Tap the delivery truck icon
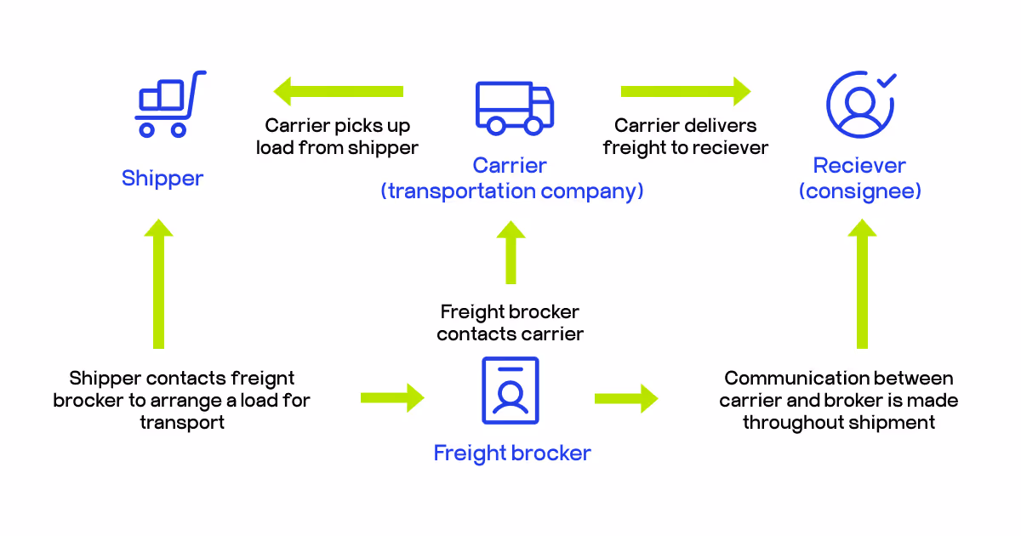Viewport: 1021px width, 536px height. pyautogui.click(x=514, y=108)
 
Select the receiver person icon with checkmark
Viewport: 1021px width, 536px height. pyautogui.click(x=860, y=104)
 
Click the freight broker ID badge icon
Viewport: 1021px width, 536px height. pyautogui.click(x=510, y=391)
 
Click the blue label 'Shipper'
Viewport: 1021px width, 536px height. pyautogui.click(x=163, y=179)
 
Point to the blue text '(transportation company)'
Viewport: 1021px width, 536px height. pyautogui.click(x=511, y=191)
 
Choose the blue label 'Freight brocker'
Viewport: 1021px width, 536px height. pyautogui.click(x=512, y=453)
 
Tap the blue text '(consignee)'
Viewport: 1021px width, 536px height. pyautogui.click(x=859, y=191)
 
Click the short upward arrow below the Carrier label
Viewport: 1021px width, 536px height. pyautogui.click(x=510, y=253)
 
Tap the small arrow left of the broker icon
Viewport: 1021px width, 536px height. pyautogui.click(x=392, y=397)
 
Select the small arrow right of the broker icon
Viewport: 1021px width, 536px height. pyautogui.click(x=626, y=397)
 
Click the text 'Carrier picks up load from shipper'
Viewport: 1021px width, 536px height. pyautogui.click(x=338, y=137)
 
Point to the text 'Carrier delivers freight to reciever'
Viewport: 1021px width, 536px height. pyautogui.click(x=686, y=137)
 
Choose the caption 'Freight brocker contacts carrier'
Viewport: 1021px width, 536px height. pyautogui.click(x=510, y=323)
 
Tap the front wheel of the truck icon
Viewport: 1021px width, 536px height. pyautogui.click(x=533, y=126)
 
